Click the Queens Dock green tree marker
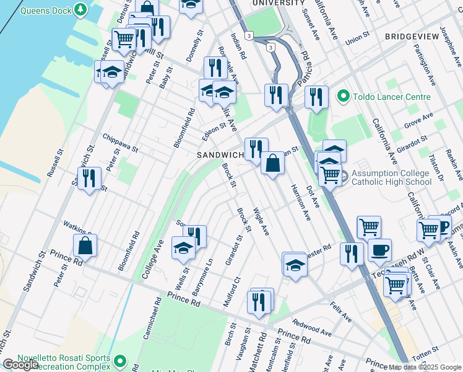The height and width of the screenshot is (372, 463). [x=80, y=9]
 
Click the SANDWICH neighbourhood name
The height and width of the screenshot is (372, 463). [x=220, y=154]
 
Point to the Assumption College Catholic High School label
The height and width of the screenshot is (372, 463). [x=391, y=177]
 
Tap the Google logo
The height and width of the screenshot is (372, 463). [x=20, y=365]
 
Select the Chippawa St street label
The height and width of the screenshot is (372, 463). [x=120, y=142]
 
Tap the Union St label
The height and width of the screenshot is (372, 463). [x=357, y=39]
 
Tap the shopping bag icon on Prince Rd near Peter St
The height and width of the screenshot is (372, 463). [x=85, y=246]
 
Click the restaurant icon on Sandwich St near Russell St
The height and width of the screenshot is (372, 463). [x=89, y=179]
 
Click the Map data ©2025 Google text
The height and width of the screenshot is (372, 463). [x=425, y=367]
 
